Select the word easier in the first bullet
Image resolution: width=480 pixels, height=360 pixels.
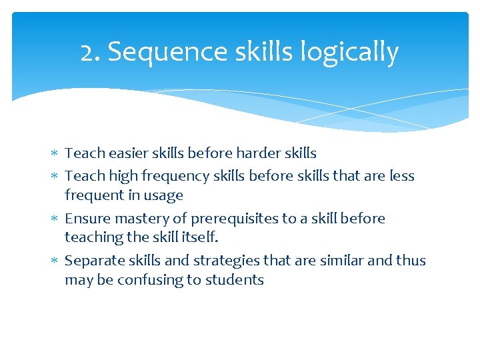pos(127,153)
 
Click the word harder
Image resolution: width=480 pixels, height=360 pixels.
pos(249,153)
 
